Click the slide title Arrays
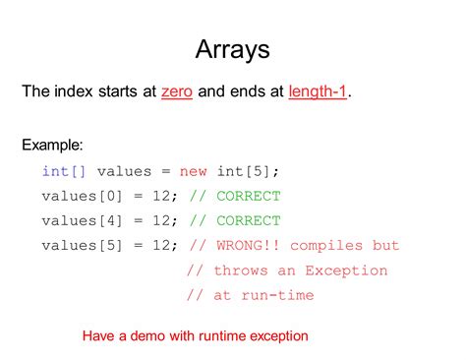pos(232,50)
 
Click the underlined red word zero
pos(177,91)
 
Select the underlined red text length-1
pos(318,91)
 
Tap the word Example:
pos(52,145)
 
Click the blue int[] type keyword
pos(64,171)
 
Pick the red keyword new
pos(193,171)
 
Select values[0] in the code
pos(82,196)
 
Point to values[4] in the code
pos(82,220)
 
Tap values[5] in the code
pos(82,245)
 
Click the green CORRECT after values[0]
pos(249,196)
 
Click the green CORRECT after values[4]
pos(249,220)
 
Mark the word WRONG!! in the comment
pos(248,245)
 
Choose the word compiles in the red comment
pos(326,246)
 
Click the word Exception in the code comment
pos(346,271)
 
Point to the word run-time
pos(277,295)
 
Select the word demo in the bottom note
pos(147,336)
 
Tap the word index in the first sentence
pos(74,91)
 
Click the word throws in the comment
pos(241,270)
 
